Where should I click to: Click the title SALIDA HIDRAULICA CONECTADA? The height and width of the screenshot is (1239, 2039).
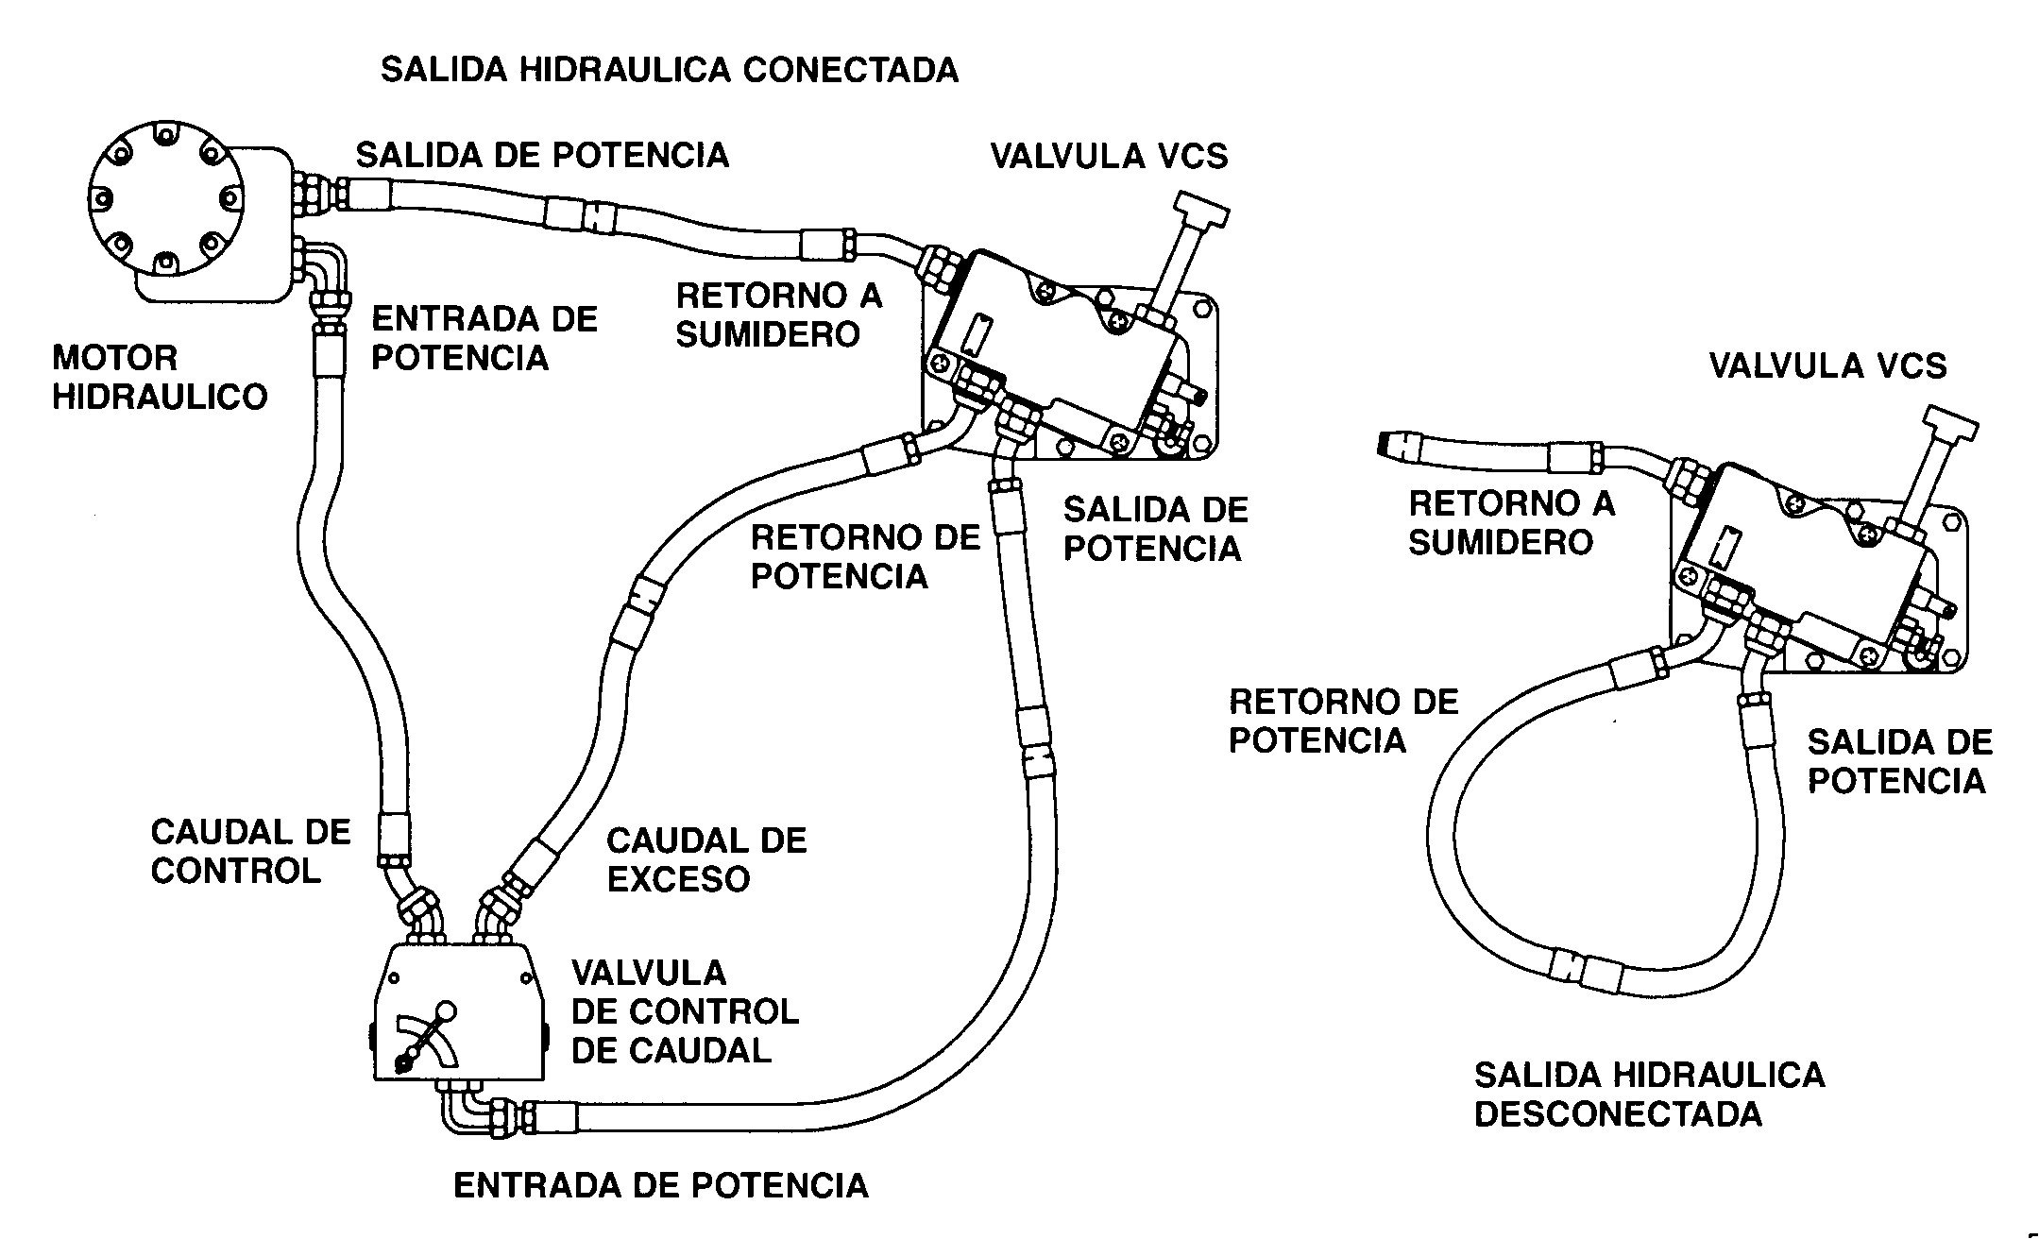pyautogui.click(x=669, y=71)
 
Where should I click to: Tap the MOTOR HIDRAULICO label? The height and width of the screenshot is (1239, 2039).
pyautogui.click(x=159, y=377)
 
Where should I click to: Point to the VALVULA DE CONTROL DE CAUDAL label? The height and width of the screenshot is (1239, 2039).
pyautogui.click(x=686, y=1011)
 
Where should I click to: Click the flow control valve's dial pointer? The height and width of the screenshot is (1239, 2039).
pyautogui.click(x=425, y=1039)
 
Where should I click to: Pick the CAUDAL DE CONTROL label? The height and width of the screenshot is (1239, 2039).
pyautogui.click(x=250, y=851)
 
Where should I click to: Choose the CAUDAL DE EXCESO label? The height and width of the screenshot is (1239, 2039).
pyautogui.click(x=706, y=859)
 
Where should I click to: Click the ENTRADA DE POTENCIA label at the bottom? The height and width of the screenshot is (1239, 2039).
pyautogui.click(x=660, y=1185)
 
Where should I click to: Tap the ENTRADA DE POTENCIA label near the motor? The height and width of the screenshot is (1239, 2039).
pyautogui.click(x=484, y=338)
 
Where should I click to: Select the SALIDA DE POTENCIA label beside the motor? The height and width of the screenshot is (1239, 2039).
pyautogui.click(x=542, y=155)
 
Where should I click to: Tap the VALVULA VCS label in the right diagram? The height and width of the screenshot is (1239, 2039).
pyautogui.click(x=1827, y=366)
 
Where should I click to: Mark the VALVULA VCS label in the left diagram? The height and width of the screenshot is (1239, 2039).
pyautogui.click(x=1109, y=156)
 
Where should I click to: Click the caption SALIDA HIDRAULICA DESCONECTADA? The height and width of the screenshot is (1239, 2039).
pyautogui.click(x=1649, y=1095)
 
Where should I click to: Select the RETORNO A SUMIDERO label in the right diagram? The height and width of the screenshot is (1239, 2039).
pyautogui.click(x=1511, y=522)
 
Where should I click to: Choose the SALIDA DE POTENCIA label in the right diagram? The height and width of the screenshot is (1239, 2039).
pyautogui.click(x=1899, y=761)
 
